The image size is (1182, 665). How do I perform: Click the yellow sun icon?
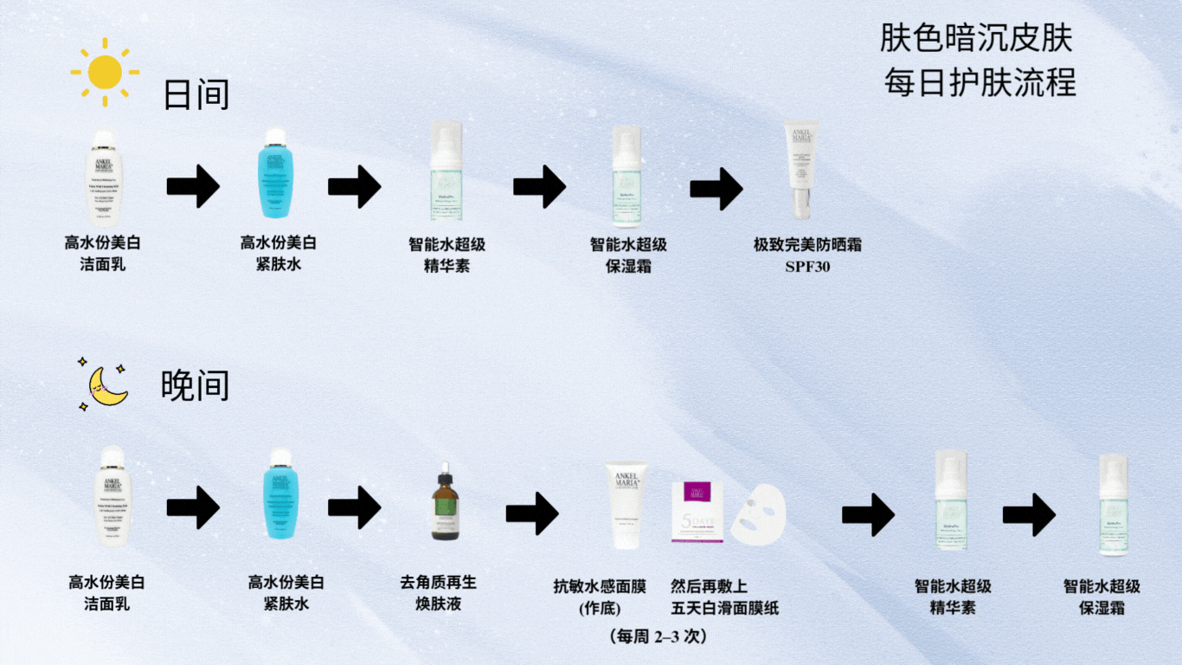pos(105,72)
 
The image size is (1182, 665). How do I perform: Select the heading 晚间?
pos(196,386)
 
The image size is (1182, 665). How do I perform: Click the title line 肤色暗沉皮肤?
pos(977,38)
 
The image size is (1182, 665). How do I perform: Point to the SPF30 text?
pos(807,267)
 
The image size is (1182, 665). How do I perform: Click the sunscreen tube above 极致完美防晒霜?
pos(801,171)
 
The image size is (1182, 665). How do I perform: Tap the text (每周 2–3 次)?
pos(658,636)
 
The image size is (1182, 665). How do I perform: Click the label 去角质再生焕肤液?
pos(439,593)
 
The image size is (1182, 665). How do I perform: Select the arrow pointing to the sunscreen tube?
pos(716,188)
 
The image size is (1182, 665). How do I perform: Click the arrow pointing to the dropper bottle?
pos(354,507)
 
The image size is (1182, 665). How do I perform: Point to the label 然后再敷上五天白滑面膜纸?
pos(724,597)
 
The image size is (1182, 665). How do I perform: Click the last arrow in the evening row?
pos(1029,514)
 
